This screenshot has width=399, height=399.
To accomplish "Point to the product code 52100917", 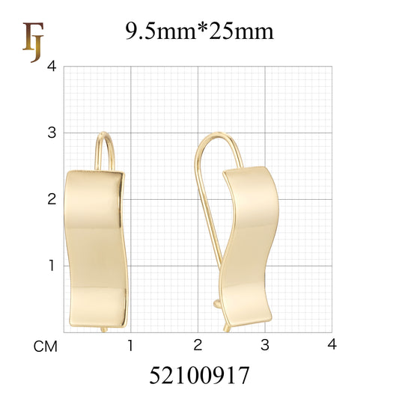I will coord(199,374).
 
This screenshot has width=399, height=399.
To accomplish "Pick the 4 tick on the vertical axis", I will coord(51,67).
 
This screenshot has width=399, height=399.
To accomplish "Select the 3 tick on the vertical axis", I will coord(51,133).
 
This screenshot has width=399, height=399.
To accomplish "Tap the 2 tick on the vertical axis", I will coord(51,199).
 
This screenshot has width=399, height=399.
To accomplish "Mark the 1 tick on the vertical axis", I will coord(51,265).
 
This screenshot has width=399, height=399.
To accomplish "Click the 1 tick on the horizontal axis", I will coord(130,345).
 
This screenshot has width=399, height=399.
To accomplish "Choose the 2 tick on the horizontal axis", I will coord(198,345).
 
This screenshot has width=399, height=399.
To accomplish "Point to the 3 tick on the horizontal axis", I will coord(264,345).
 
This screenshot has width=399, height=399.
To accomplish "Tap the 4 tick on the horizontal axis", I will coord(332,345).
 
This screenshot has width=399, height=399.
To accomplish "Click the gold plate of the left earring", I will coord(97,247).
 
